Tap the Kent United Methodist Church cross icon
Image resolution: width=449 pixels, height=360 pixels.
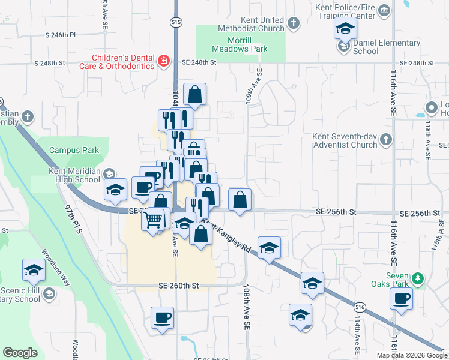(293, 23)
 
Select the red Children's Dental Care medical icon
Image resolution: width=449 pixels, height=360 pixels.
(163, 61)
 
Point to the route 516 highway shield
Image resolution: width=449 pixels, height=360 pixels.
(360, 307)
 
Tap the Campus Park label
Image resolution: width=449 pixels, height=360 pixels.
(74, 150)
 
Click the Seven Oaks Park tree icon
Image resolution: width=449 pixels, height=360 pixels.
(421, 279)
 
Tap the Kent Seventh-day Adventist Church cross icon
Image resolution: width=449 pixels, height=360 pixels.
(385, 140)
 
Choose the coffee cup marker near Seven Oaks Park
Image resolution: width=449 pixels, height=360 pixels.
(401, 298)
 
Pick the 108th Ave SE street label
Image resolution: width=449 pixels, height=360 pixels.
(246, 307)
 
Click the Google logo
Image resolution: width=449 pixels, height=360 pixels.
(20, 353)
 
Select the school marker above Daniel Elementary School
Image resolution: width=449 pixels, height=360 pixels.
(345, 28)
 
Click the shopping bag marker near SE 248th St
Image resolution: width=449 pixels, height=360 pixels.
(194, 94)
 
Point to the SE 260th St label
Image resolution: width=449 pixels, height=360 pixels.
(178, 286)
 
